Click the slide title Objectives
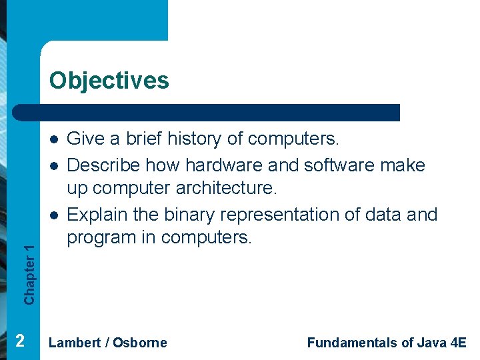109,81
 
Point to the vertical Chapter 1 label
29,273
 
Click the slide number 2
20,341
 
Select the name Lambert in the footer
75,343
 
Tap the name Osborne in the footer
140,343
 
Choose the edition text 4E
459,343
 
